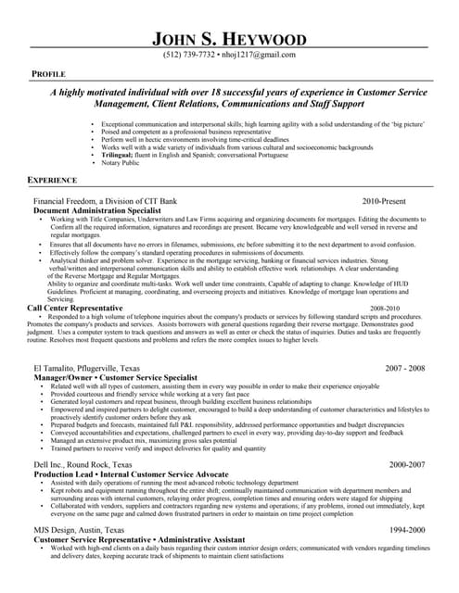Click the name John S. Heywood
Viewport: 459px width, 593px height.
[x=229, y=38]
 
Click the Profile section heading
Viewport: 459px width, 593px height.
[x=48, y=72]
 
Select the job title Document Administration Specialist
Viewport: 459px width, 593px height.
[x=94, y=210]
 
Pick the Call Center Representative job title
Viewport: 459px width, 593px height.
[x=75, y=308]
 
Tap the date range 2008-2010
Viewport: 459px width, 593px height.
[x=384, y=308]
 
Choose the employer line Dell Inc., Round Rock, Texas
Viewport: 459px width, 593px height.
[x=83, y=463]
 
